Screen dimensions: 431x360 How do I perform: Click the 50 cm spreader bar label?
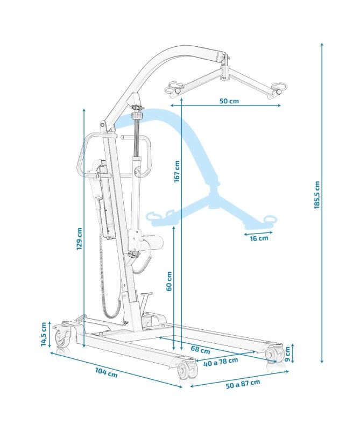coord(229,101)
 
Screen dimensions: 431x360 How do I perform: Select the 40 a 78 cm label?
coord(221,362)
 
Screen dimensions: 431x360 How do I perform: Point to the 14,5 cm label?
coord(44,334)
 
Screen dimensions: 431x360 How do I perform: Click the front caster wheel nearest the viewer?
coord(185,371)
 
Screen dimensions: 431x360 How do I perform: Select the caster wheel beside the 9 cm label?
coord(276,355)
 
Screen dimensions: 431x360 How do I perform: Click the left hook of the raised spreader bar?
coord(174,88)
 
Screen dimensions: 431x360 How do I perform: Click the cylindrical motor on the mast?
coord(153,243)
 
